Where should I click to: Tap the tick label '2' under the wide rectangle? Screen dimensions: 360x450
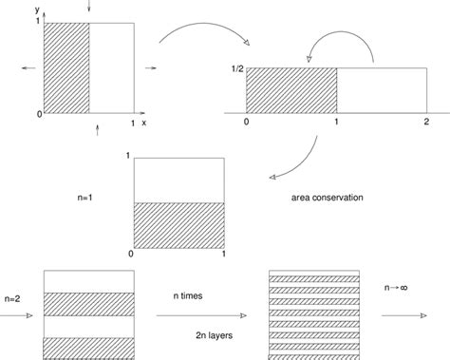[426, 123]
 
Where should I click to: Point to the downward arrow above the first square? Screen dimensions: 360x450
[89, 8]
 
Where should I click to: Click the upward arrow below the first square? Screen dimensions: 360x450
[95, 129]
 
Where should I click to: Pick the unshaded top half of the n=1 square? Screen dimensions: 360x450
[179, 180]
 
